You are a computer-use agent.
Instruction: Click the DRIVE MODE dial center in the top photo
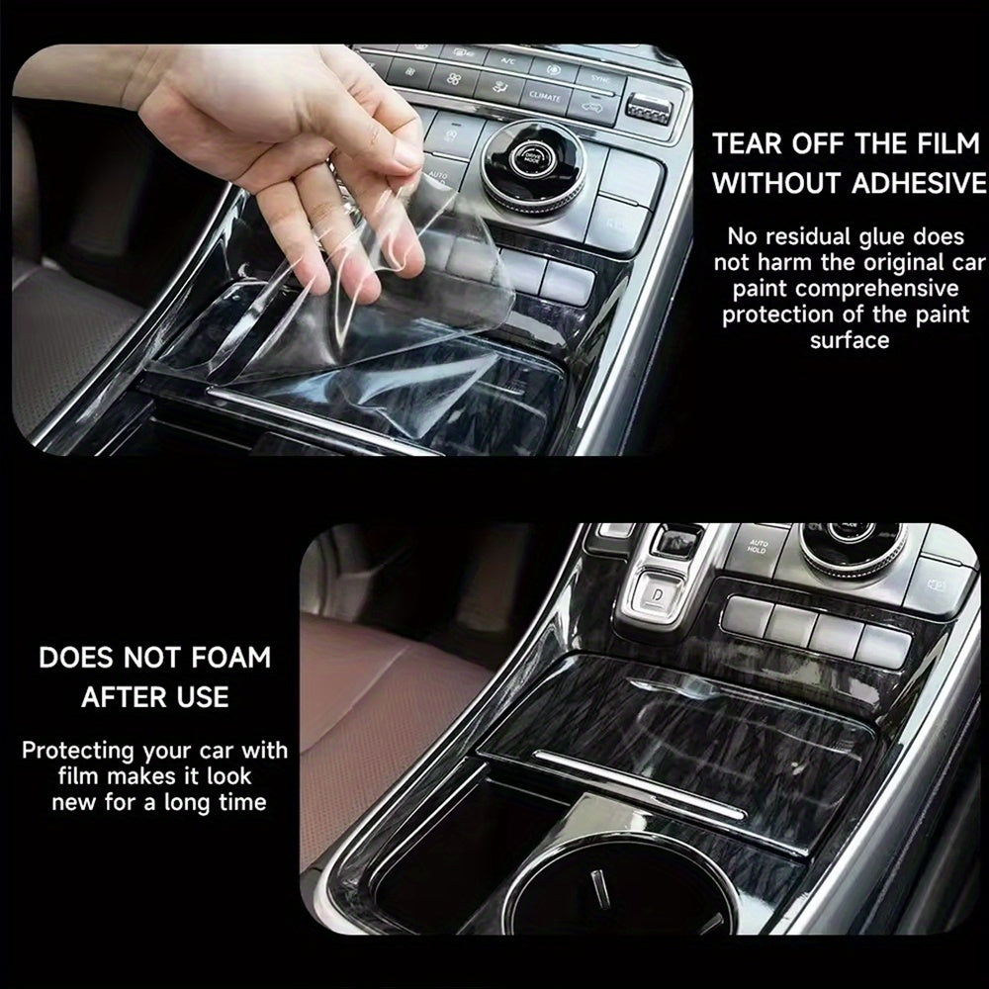pos(534,161)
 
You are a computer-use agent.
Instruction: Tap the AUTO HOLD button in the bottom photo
pos(759,547)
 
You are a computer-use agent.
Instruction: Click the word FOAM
pos(232,658)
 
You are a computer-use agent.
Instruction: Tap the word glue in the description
pos(871,236)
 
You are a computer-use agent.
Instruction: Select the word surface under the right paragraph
pos(850,340)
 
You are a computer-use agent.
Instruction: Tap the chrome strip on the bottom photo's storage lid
pos(638,781)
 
